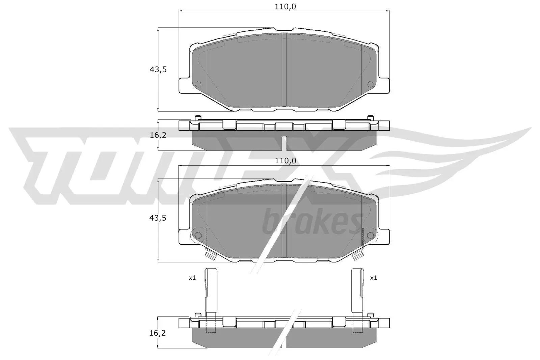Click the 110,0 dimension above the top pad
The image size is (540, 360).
tap(285, 6)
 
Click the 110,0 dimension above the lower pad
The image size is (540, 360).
tap(285, 161)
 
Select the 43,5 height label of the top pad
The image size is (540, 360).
tap(158, 70)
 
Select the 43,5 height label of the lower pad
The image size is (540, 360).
tap(158, 218)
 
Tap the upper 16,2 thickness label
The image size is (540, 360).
tap(158, 135)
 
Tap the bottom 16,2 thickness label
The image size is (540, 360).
tap(158, 333)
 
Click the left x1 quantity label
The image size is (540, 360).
tap(192, 278)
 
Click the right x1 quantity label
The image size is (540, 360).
tap(373, 278)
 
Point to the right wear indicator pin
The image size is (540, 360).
tap(357, 290)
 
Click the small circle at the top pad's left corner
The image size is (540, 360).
tap(198, 84)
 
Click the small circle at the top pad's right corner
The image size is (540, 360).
tap(370, 84)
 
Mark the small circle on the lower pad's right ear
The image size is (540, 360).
tap(370, 235)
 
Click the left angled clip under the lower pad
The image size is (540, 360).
tap(211, 256)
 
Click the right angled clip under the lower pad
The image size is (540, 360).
tap(357, 256)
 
